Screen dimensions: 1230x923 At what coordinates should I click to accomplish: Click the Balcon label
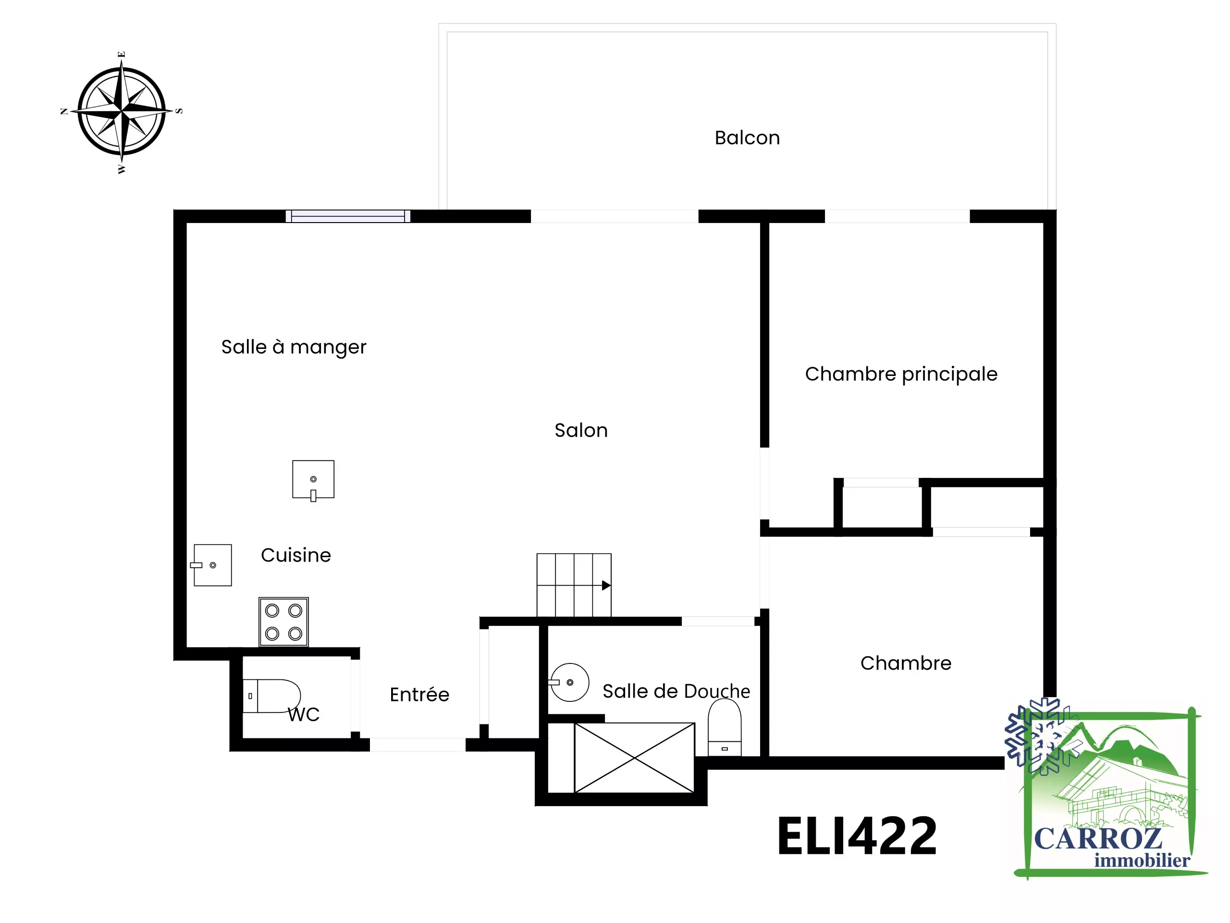pyautogui.click(x=747, y=137)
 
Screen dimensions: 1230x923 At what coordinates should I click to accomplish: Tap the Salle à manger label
pyautogui.click(x=294, y=347)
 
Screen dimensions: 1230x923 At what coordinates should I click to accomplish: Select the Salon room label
pyautogui.click(x=581, y=430)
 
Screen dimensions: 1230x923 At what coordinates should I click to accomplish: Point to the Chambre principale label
pyautogui.click(x=901, y=374)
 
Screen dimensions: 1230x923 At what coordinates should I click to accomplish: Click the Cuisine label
pyautogui.click(x=296, y=555)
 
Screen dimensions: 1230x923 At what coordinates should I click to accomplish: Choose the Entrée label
pyautogui.click(x=419, y=694)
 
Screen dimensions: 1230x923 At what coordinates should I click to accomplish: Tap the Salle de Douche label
pyautogui.click(x=676, y=691)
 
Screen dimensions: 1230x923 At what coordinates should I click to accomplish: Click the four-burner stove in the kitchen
pyautogui.click(x=283, y=622)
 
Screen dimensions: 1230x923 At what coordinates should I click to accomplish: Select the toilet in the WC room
pyautogui.click(x=271, y=696)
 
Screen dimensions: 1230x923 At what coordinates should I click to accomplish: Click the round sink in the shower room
pyautogui.click(x=569, y=682)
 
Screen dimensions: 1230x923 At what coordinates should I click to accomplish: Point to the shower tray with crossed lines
pyautogui.click(x=635, y=758)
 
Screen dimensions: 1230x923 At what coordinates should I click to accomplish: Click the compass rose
pyautogui.click(x=121, y=111)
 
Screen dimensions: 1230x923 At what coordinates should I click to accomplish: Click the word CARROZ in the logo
pyautogui.click(x=1098, y=839)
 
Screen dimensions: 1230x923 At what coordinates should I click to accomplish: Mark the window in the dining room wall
pyautogui.click(x=348, y=216)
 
